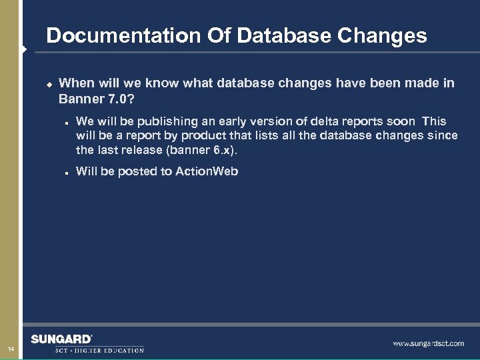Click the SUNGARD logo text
[61, 339]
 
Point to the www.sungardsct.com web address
[428, 344]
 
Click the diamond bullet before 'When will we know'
[49, 84]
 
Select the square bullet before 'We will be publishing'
[68, 122]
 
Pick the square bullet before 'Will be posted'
[68, 172]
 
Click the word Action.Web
[207, 171]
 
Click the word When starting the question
[76, 83]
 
